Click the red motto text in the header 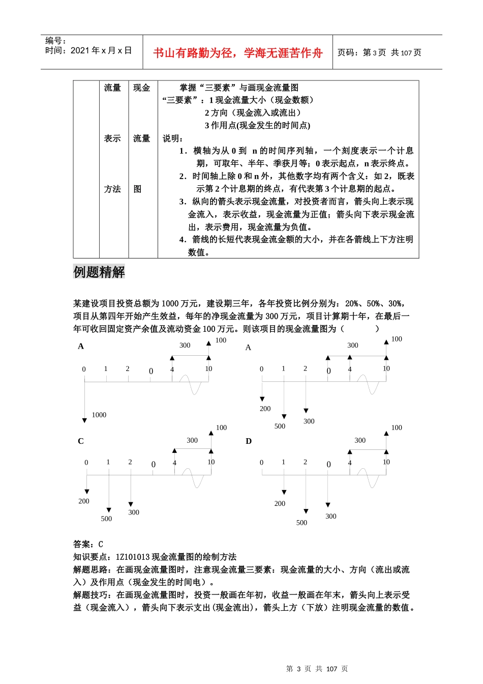pos(237,53)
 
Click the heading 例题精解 pos(99,272)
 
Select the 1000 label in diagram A pos(99,415)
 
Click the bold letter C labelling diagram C pos(80,441)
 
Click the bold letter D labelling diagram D pos(249,441)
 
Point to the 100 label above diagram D pos(397,428)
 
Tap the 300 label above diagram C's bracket pos(192,441)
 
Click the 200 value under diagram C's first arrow pos(84,501)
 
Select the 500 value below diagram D pos(301,523)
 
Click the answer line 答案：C pos(88,544)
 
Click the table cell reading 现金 pos(142,88)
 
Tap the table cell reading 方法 pos(112,189)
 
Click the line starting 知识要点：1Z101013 pos(155,557)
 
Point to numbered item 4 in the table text pos(296,240)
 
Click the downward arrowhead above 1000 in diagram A pos(84,420)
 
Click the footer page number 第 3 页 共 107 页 pos(317,669)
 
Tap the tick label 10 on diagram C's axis pos(211,462)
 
